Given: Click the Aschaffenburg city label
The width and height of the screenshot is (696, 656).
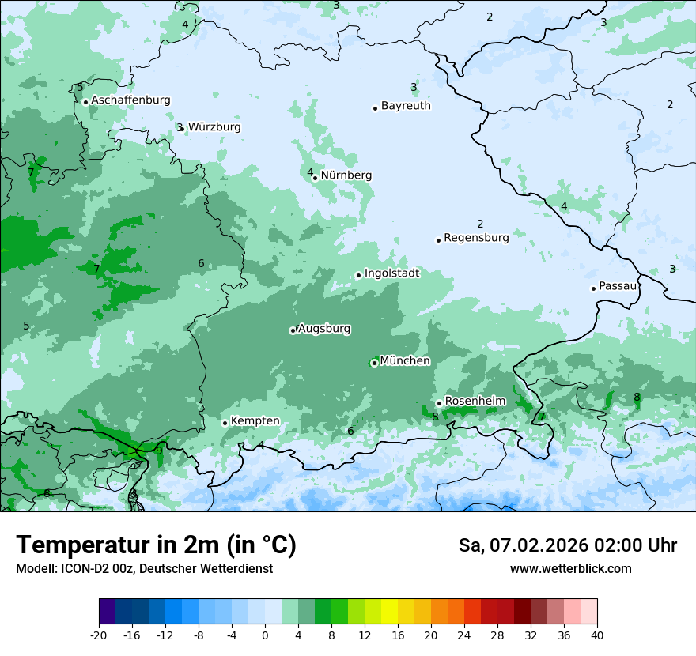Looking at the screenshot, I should (x=130, y=100).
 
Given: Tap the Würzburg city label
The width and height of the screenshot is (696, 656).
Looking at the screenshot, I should (x=214, y=127).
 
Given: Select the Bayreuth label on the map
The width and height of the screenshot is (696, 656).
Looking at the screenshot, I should (x=406, y=106).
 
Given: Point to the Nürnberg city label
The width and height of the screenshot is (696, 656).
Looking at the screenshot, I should (x=346, y=175).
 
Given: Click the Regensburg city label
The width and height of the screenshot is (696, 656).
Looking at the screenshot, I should (x=476, y=237).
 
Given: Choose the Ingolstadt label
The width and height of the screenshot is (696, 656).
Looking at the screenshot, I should (x=391, y=273).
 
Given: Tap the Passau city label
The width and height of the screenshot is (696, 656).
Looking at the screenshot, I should (x=618, y=286).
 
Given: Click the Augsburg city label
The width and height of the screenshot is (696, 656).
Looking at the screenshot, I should (x=324, y=329).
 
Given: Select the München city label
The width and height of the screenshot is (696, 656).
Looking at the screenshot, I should (x=405, y=361).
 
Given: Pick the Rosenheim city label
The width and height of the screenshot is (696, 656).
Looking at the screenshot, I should (x=475, y=402).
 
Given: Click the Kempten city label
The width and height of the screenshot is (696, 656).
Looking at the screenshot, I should (x=255, y=421).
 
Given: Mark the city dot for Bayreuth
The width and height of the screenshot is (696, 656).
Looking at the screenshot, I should (x=376, y=108).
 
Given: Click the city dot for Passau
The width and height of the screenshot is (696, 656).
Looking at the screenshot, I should (x=593, y=288).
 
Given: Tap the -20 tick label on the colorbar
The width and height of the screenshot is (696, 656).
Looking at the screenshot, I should (x=99, y=635).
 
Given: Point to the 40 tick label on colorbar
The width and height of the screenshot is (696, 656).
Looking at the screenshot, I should (x=597, y=635).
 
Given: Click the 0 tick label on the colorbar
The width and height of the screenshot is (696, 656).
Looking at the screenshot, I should (x=265, y=635).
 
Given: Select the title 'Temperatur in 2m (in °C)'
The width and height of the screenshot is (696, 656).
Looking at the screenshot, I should (x=156, y=545).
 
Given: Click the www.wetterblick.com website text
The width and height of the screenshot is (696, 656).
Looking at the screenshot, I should (x=570, y=569).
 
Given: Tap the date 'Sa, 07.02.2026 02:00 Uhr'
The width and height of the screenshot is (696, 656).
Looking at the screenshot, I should (x=567, y=545).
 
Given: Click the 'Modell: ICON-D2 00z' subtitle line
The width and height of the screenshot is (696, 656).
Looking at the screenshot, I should (x=144, y=569).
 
